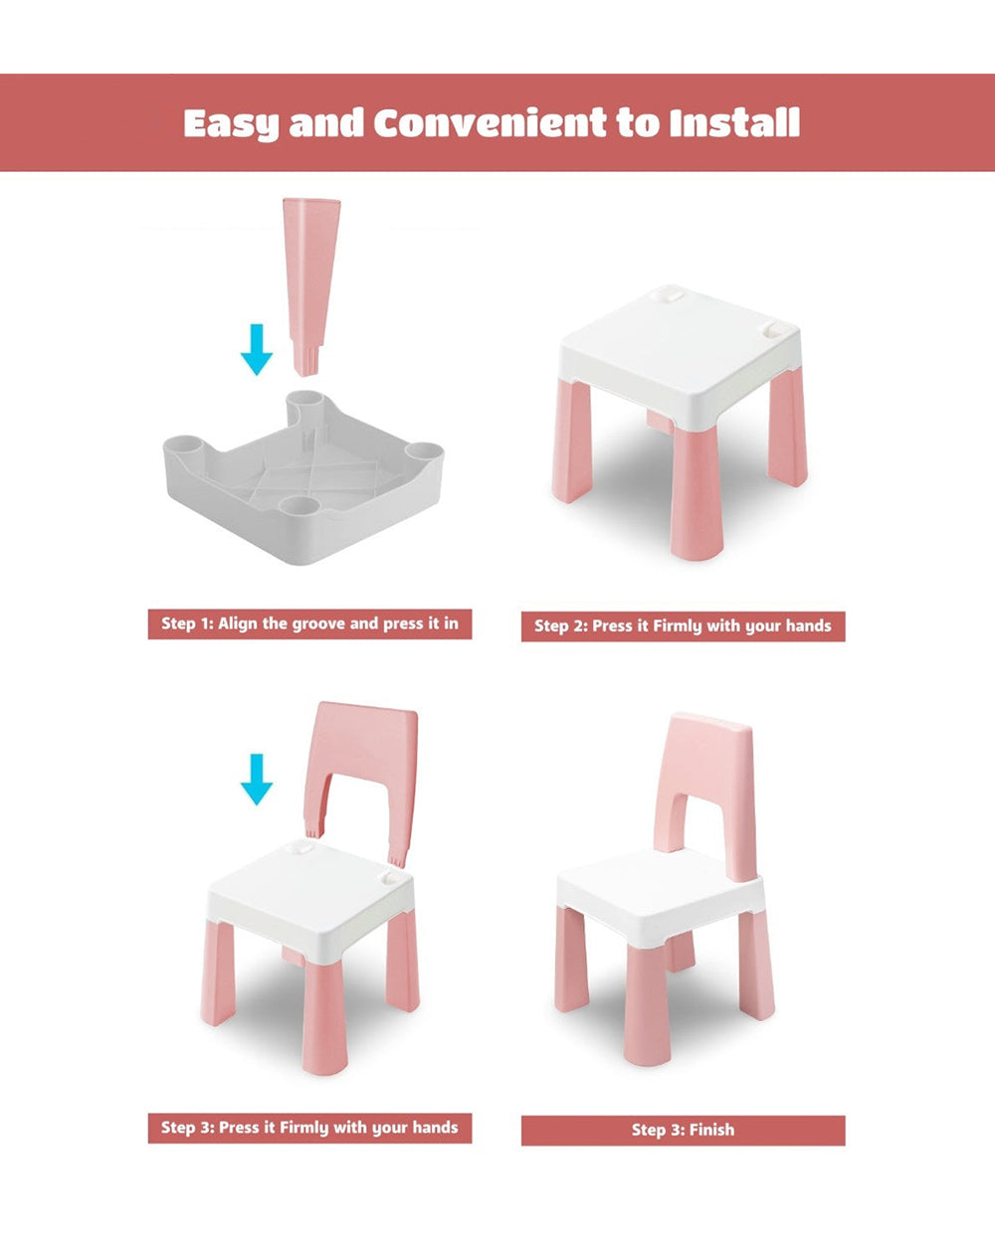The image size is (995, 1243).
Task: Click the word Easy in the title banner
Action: click(231, 123)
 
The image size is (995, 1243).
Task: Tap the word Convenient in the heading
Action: click(491, 122)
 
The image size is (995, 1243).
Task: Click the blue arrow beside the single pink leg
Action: click(257, 349)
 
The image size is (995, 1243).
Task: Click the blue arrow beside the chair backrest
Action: click(257, 780)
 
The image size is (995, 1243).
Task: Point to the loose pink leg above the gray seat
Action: click(311, 287)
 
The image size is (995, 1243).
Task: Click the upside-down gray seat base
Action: click(303, 476)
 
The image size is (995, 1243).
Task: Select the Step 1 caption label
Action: click(309, 623)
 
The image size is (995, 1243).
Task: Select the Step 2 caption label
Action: click(683, 626)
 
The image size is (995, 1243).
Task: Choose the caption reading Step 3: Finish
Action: click(683, 1130)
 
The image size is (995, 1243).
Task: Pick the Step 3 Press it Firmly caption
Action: click(309, 1128)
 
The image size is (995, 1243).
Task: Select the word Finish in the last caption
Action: click(711, 1130)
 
